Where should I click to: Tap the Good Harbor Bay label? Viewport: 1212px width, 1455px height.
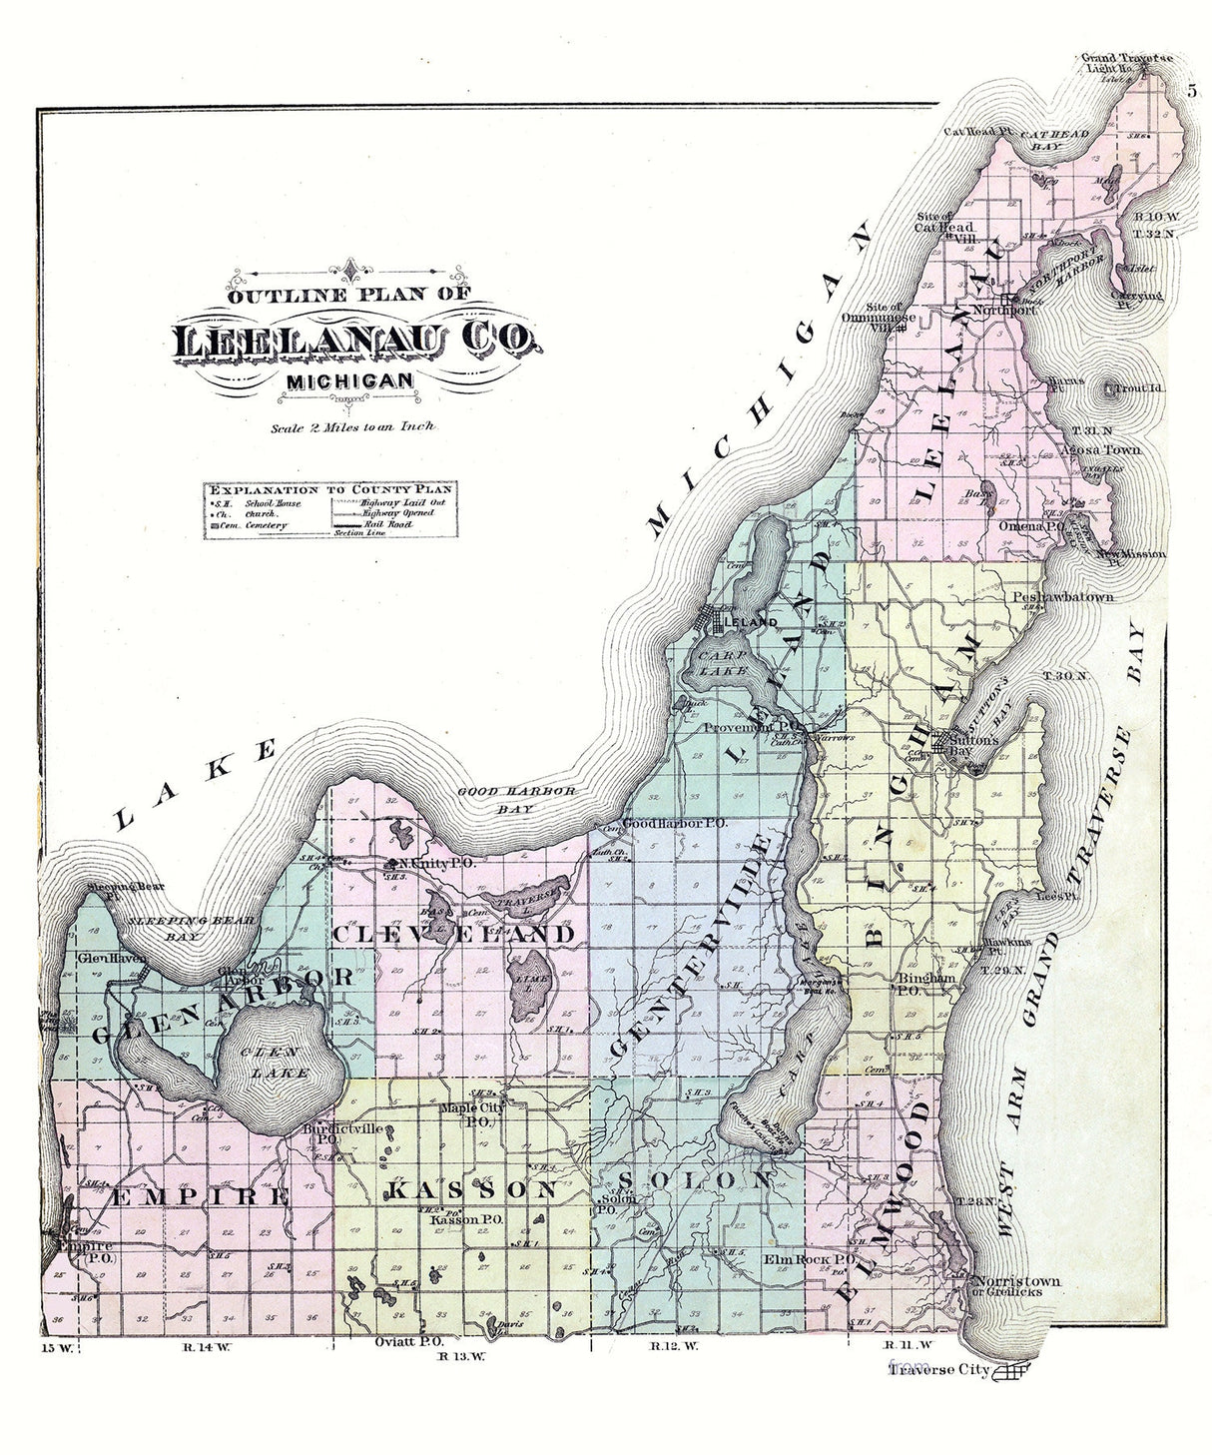point(517,799)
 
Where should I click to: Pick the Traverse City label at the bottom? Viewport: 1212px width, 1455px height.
point(937,1370)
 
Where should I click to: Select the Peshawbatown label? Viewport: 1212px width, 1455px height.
point(1062,598)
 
